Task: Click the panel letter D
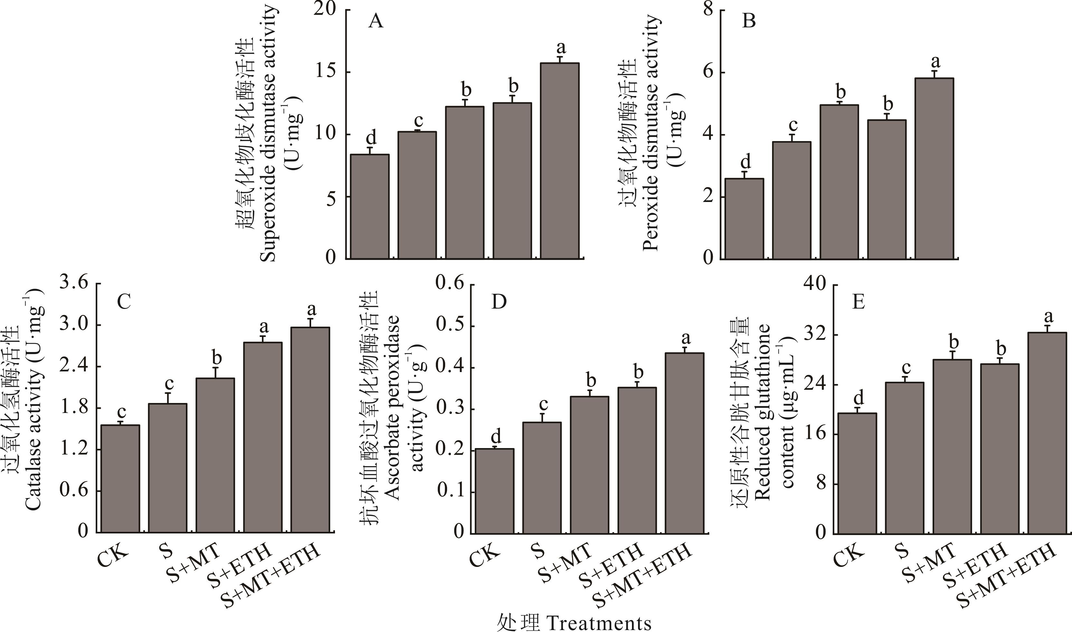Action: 499,302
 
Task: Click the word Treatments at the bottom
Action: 598,623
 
